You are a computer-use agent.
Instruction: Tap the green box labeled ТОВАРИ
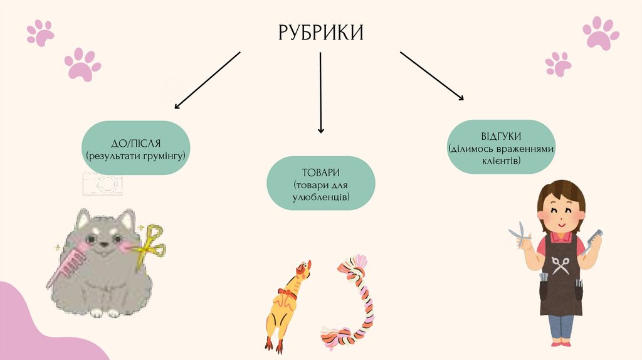coord(320,183)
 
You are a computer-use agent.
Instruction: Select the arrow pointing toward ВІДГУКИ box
coord(432,75)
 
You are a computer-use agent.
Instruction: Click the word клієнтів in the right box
coord(501,161)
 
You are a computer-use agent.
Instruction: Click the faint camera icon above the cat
coord(102,183)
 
